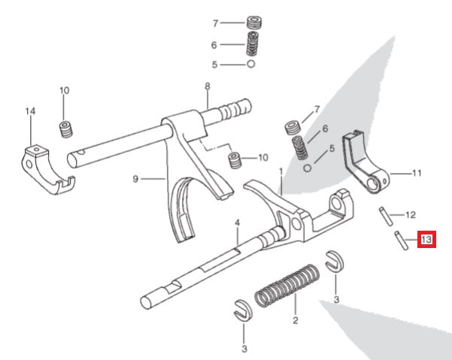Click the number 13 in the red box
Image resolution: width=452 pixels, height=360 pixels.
pyautogui.click(x=426, y=241)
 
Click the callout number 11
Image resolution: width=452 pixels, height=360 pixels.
pyautogui.click(x=417, y=173)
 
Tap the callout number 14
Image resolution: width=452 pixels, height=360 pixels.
pyautogui.click(x=30, y=112)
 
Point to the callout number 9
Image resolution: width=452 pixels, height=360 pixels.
pyautogui.click(x=135, y=179)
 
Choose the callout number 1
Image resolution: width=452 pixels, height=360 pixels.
pyautogui.click(x=281, y=172)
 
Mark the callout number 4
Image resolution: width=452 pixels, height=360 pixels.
pyautogui.click(x=236, y=223)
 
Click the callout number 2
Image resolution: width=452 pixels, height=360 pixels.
pyautogui.click(x=295, y=321)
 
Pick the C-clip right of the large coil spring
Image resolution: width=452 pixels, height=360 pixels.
pyautogui.click(x=334, y=264)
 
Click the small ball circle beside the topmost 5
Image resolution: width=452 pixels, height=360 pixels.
pyautogui.click(x=250, y=65)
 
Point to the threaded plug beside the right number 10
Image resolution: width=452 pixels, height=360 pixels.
pyautogui.click(x=235, y=160)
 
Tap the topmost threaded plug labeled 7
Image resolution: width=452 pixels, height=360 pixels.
pyautogui.click(x=253, y=23)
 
